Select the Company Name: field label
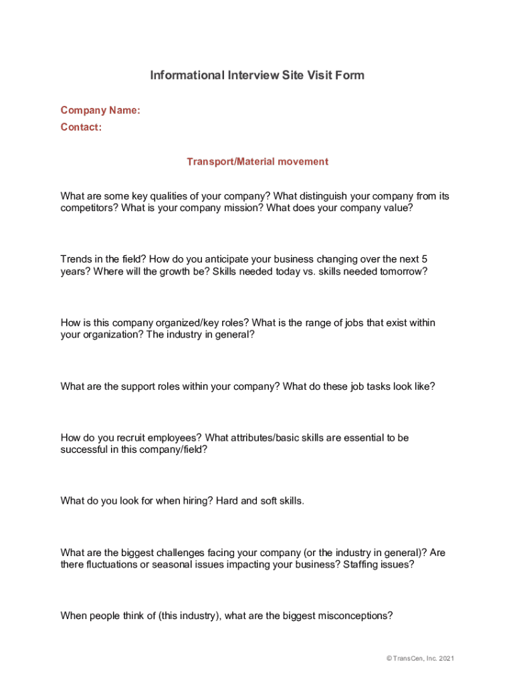[x=100, y=111]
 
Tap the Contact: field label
[x=81, y=127]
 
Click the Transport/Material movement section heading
[x=257, y=161]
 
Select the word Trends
[x=76, y=259]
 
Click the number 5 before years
[x=424, y=259]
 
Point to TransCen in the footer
[x=408, y=659]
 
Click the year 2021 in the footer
[x=445, y=659]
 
